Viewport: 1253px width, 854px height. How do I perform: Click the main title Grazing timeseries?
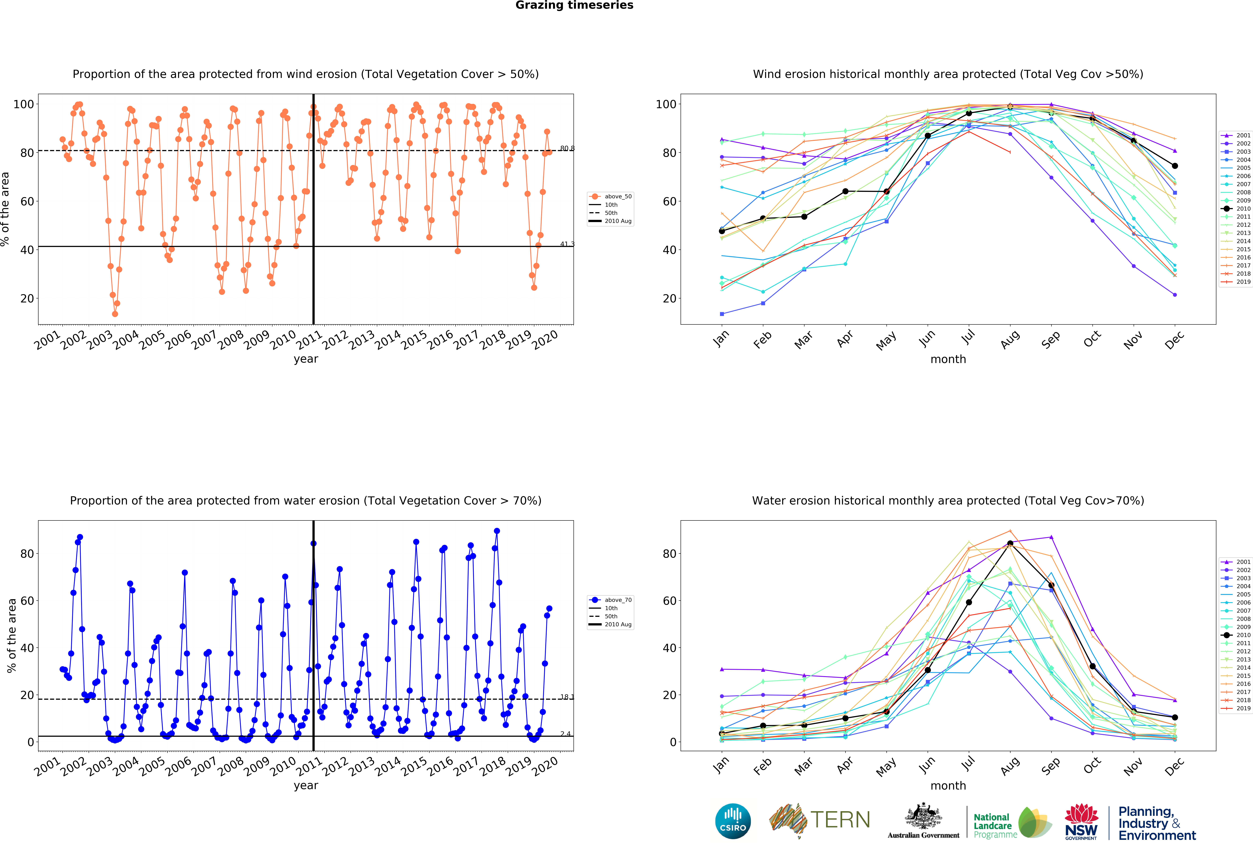(x=574, y=5)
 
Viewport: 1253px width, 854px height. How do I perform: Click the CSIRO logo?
(x=733, y=821)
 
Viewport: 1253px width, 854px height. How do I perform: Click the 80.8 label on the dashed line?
(x=567, y=148)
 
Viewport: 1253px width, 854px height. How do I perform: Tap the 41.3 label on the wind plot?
(x=567, y=244)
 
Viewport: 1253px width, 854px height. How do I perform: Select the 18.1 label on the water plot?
(x=567, y=697)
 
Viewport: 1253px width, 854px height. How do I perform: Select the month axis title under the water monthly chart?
(x=948, y=786)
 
